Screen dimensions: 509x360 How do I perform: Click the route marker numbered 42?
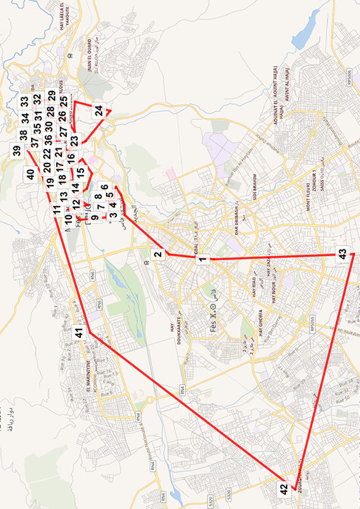pyautogui.click(x=284, y=488)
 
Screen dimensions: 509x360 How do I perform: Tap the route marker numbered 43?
pyautogui.click(x=342, y=253)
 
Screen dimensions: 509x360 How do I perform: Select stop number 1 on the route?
pyautogui.click(x=203, y=258)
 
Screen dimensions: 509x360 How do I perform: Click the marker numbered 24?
pyautogui.click(x=99, y=110)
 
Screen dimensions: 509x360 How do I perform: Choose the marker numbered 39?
pyautogui.click(x=16, y=151)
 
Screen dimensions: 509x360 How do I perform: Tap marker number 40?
pyautogui.click(x=30, y=174)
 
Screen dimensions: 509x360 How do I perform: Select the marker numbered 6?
pyautogui.click(x=105, y=188)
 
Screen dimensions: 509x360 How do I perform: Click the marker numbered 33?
pyautogui.click(x=23, y=101)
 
